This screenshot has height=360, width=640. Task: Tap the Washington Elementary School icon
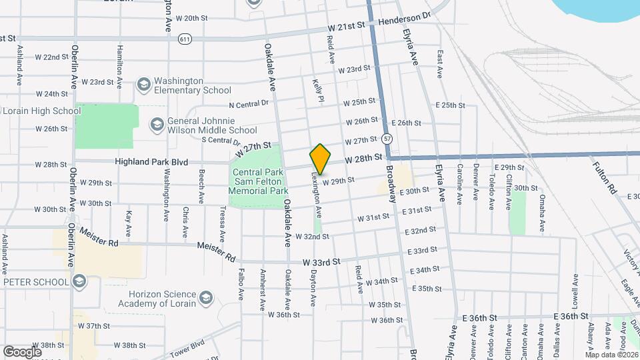coord(143,85)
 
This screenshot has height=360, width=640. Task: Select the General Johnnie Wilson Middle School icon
coord(157,125)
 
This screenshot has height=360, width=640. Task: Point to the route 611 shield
coord(185,39)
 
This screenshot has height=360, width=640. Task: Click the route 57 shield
coord(387,139)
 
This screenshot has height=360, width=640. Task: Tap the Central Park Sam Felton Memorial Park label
coord(257,181)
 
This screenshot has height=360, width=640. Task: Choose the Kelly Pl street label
coord(318,90)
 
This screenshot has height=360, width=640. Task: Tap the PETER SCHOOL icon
coord(80,281)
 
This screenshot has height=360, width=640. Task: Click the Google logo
coord(22,351)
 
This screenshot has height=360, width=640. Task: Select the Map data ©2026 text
coord(611,355)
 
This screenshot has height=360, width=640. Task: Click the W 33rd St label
coord(321,262)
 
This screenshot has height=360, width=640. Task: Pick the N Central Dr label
coord(248,104)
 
